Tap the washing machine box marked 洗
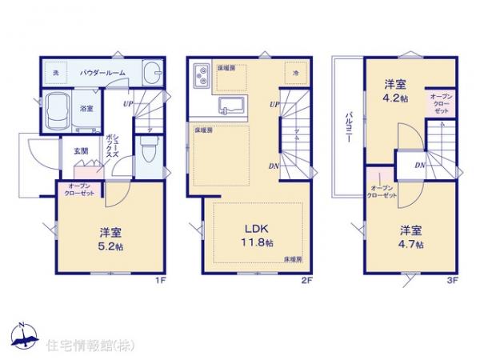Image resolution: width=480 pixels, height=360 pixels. (x=56, y=72)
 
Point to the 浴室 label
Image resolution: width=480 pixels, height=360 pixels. (x=86, y=108)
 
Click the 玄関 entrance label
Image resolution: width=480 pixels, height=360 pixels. (x=81, y=150)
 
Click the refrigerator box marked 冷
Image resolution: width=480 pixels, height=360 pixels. (x=295, y=73)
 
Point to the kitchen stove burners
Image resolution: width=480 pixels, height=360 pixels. (x=199, y=76)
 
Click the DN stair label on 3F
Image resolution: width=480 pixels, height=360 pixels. (x=420, y=166)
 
